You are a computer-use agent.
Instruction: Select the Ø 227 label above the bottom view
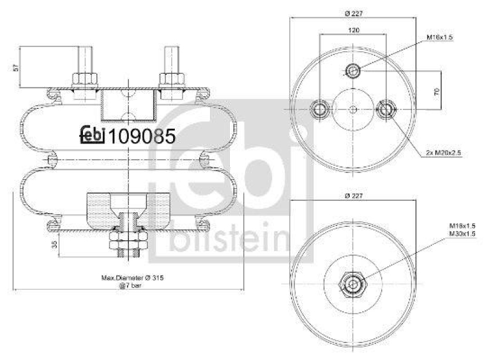pyautogui.click(x=353, y=195)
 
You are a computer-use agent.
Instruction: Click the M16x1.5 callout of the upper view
pyautogui.click(x=440, y=38)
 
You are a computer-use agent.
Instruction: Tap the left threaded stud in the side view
pyautogui.click(x=84, y=61)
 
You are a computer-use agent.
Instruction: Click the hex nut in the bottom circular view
pyautogui.click(x=353, y=282)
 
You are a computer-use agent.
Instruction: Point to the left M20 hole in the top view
pyautogui.click(x=320, y=110)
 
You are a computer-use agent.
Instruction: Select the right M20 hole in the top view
pyautogui.click(x=386, y=110)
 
